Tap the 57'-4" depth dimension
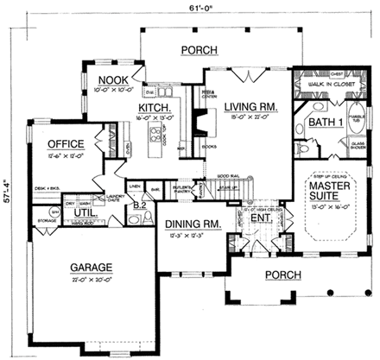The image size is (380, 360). click(x=7, y=185)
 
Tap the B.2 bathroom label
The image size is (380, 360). click(x=139, y=205)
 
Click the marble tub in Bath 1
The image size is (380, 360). click(x=353, y=121)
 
